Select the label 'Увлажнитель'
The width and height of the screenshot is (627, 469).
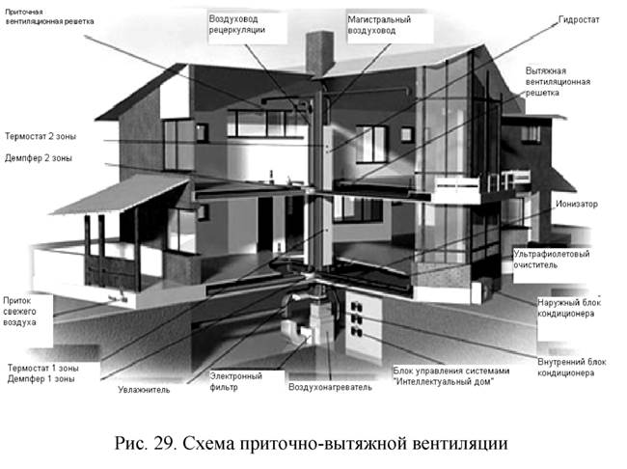tap(144, 390)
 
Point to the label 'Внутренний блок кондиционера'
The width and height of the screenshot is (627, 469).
tap(568, 366)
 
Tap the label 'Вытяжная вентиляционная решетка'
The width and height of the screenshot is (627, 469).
tap(556, 84)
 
